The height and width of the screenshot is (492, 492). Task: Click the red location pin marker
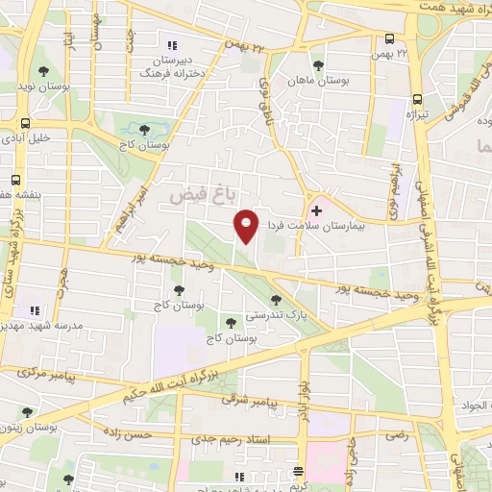pyautogui.click(x=247, y=224)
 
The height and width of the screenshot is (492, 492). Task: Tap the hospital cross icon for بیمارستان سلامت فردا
pyautogui.click(x=317, y=209)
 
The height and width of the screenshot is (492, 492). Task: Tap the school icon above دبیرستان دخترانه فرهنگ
pyautogui.click(x=173, y=45)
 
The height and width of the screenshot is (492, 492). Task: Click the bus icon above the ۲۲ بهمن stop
pyautogui.click(x=389, y=39)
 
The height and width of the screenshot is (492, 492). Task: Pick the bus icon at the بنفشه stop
pyautogui.click(x=15, y=180)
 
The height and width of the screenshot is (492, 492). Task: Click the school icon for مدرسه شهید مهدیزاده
pyautogui.click(x=35, y=310)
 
